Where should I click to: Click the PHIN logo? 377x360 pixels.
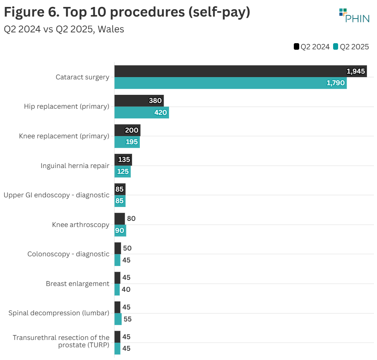click(x=354, y=15)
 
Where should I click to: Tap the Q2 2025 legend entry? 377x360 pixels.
click(x=351, y=47)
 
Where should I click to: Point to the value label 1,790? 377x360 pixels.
click(x=335, y=83)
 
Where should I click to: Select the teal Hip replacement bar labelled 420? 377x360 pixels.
click(x=141, y=113)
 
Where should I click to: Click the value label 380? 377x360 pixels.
click(x=155, y=101)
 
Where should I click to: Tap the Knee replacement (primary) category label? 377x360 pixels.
click(x=64, y=136)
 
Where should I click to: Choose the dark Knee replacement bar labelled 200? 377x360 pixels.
click(x=127, y=130)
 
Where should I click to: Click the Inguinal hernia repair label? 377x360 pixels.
click(x=75, y=166)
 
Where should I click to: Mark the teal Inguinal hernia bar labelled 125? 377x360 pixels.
click(x=122, y=172)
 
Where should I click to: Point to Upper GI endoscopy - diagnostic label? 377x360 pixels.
click(x=56, y=195)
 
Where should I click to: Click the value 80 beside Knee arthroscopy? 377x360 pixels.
click(x=131, y=219)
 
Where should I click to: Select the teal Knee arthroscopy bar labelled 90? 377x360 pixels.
click(x=120, y=230)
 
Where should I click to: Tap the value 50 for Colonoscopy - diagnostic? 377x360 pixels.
click(x=127, y=248)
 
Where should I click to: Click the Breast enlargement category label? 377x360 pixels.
click(x=77, y=284)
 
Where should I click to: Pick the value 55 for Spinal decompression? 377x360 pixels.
click(x=127, y=319)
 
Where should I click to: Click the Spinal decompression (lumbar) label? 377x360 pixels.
click(x=59, y=313)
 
